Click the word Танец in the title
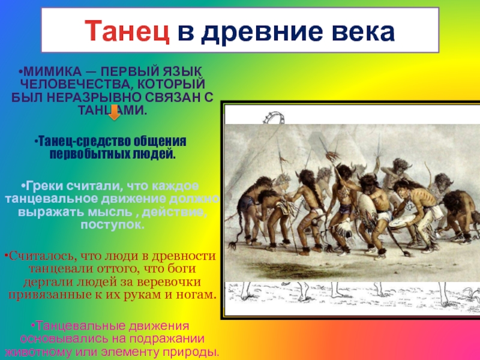tap(124, 31)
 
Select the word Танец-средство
tap(73, 142)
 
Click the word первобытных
tap(82, 154)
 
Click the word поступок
tap(112, 224)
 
